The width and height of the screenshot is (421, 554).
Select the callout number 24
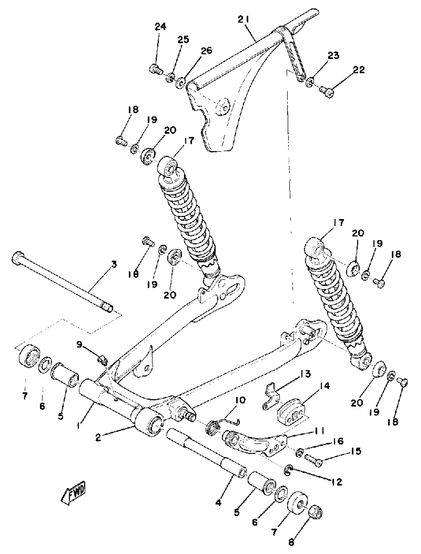(160, 26)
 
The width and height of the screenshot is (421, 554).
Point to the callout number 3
(114, 264)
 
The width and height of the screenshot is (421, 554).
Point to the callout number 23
(333, 56)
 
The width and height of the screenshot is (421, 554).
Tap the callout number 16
(338, 441)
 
